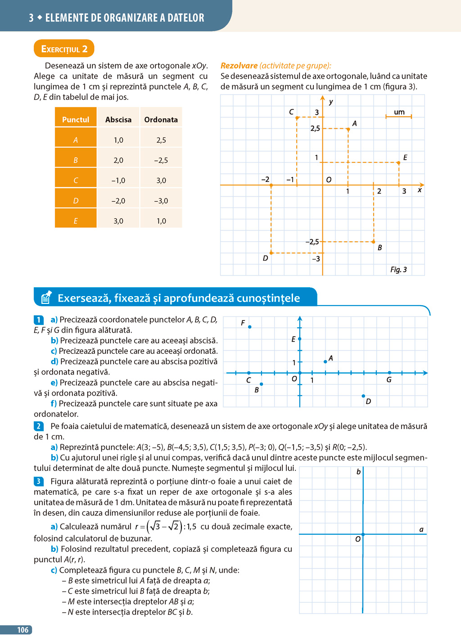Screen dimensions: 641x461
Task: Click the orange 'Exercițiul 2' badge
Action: (64, 49)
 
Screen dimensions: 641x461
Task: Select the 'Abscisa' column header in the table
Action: (118, 120)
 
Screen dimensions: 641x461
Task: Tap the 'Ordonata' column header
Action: (161, 120)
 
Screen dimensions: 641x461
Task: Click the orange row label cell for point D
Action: (76, 201)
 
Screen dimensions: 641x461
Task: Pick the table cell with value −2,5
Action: (161, 160)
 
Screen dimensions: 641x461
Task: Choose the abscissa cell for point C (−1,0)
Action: (118, 181)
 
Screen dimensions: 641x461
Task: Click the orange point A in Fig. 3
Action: (348, 129)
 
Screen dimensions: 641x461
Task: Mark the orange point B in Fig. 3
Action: (374, 242)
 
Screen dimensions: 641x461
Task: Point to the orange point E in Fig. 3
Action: (398, 163)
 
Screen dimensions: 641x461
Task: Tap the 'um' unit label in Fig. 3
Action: (399, 112)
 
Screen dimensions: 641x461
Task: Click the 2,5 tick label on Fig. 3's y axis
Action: (315, 129)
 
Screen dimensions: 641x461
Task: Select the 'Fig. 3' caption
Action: (398, 270)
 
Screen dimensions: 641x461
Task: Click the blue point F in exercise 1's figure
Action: (250, 327)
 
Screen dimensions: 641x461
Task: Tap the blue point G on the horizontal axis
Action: (389, 373)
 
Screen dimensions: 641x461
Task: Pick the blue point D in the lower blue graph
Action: (363, 396)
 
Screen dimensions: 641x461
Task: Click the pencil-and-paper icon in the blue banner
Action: (46, 297)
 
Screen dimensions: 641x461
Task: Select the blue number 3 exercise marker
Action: (39, 482)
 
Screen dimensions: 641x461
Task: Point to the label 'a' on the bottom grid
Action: (421, 529)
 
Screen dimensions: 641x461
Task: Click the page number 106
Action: (23, 630)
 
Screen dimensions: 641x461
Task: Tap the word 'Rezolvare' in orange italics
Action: (239, 66)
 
